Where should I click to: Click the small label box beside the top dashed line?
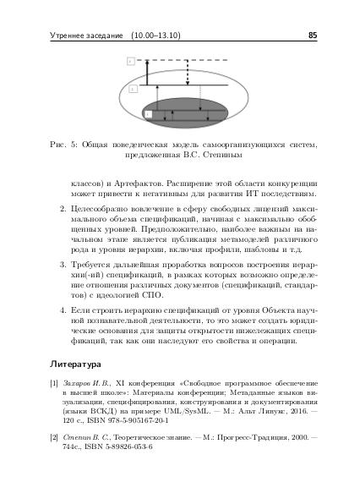(130, 62)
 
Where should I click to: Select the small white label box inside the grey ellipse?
(149, 112)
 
